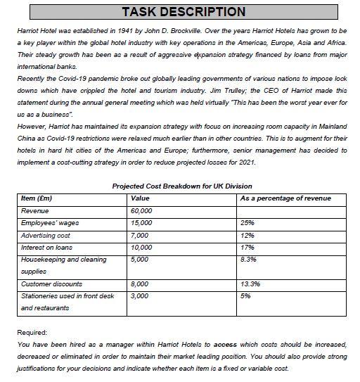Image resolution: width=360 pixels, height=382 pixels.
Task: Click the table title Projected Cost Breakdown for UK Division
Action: click(x=181, y=186)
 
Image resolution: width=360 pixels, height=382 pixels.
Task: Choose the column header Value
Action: click(x=141, y=198)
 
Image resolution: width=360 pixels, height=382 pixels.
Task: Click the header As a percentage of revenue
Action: click(x=285, y=198)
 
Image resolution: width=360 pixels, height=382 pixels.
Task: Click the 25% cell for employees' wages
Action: click(x=247, y=223)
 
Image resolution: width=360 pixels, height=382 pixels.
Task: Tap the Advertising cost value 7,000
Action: click(x=140, y=235)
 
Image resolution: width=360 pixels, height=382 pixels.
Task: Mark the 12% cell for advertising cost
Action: click(x=247, y=235)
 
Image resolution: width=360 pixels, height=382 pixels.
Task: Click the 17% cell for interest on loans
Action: click(x=247, y=248)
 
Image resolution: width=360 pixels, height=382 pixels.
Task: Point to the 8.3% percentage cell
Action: click(x=249, y=260)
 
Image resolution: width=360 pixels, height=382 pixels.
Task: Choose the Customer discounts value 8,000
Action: click(x=140, y=284)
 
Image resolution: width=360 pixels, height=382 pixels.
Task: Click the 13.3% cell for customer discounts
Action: click(x=250, y=284)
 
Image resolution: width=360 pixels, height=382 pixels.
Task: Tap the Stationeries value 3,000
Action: click(x=140, y=296)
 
